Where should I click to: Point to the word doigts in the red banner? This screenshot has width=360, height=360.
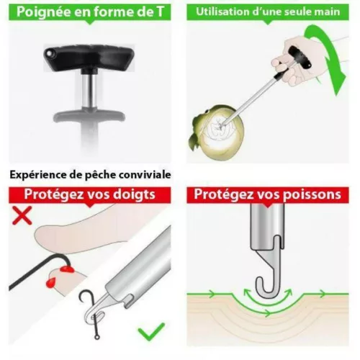[134, 194]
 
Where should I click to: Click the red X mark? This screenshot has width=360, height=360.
[22, 215]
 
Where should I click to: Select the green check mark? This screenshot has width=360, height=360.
[151, 331]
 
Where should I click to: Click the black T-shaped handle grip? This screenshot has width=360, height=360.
[89, 58]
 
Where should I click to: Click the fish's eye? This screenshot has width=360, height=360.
[206, 111]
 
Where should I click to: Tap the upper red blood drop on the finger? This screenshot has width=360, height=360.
[66, 269]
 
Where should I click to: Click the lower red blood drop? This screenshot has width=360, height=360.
[50, 282]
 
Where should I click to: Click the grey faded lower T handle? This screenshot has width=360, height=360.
[89, 116]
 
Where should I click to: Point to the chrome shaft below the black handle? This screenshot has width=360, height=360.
[89, 90]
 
